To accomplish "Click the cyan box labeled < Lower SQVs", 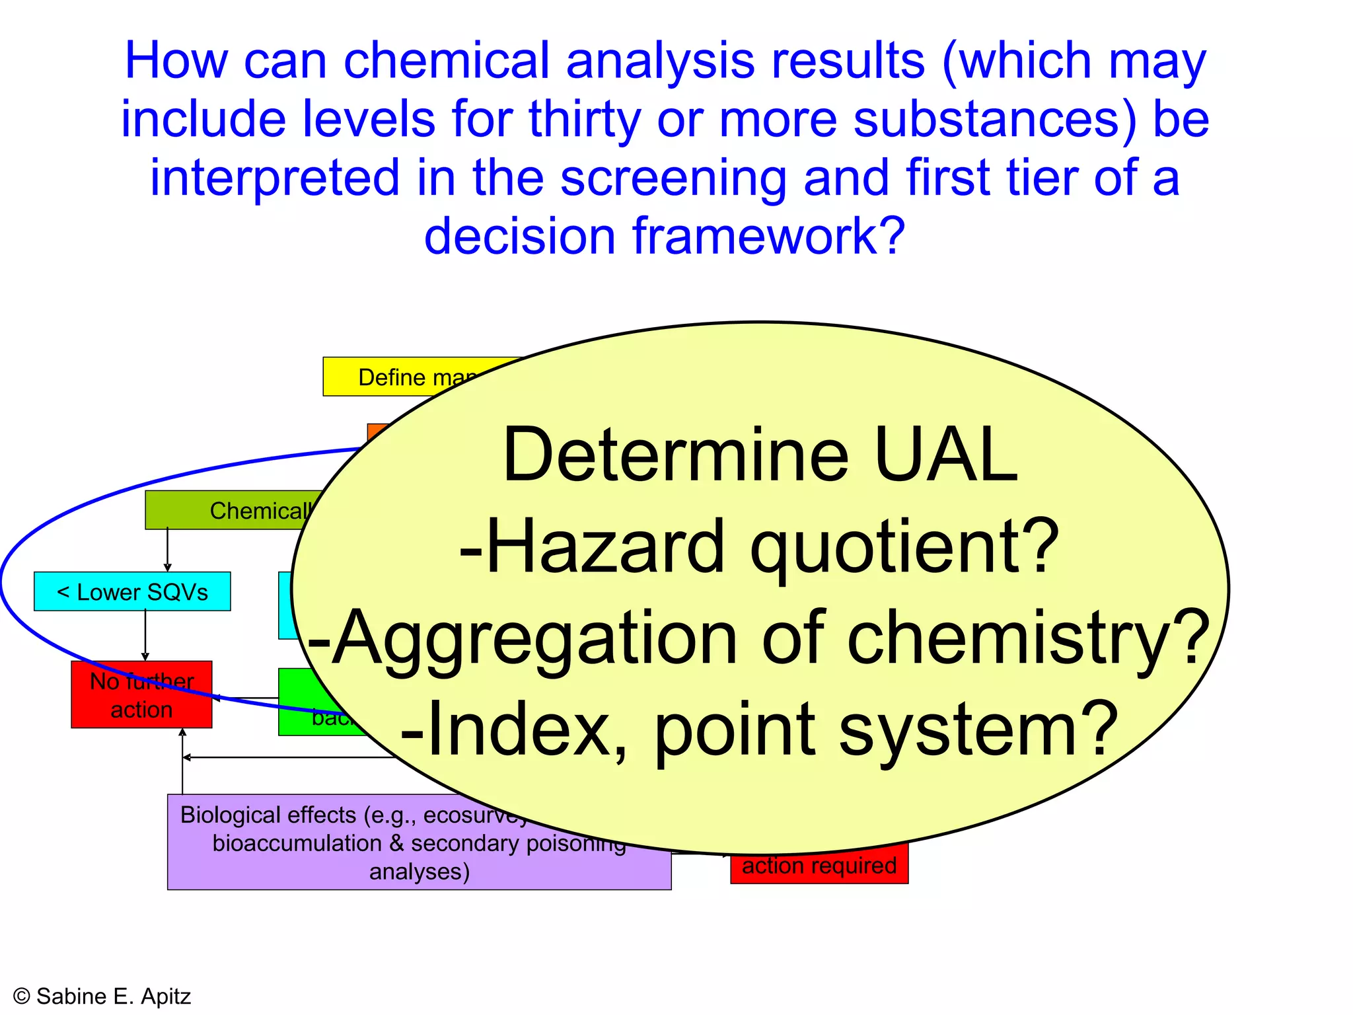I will click(132, 591).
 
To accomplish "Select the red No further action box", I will click(141, 695).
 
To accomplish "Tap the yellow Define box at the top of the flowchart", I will click(410, 377).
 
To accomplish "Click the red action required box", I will click(819, 866).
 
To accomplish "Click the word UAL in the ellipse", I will click(946, 456).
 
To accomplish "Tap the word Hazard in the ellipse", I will click(604, 547).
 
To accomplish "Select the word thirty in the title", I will click(585, 120).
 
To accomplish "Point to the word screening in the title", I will click(674, 178).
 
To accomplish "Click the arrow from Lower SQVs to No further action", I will click(145, 635).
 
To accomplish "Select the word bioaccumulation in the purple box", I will click(297, 843).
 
